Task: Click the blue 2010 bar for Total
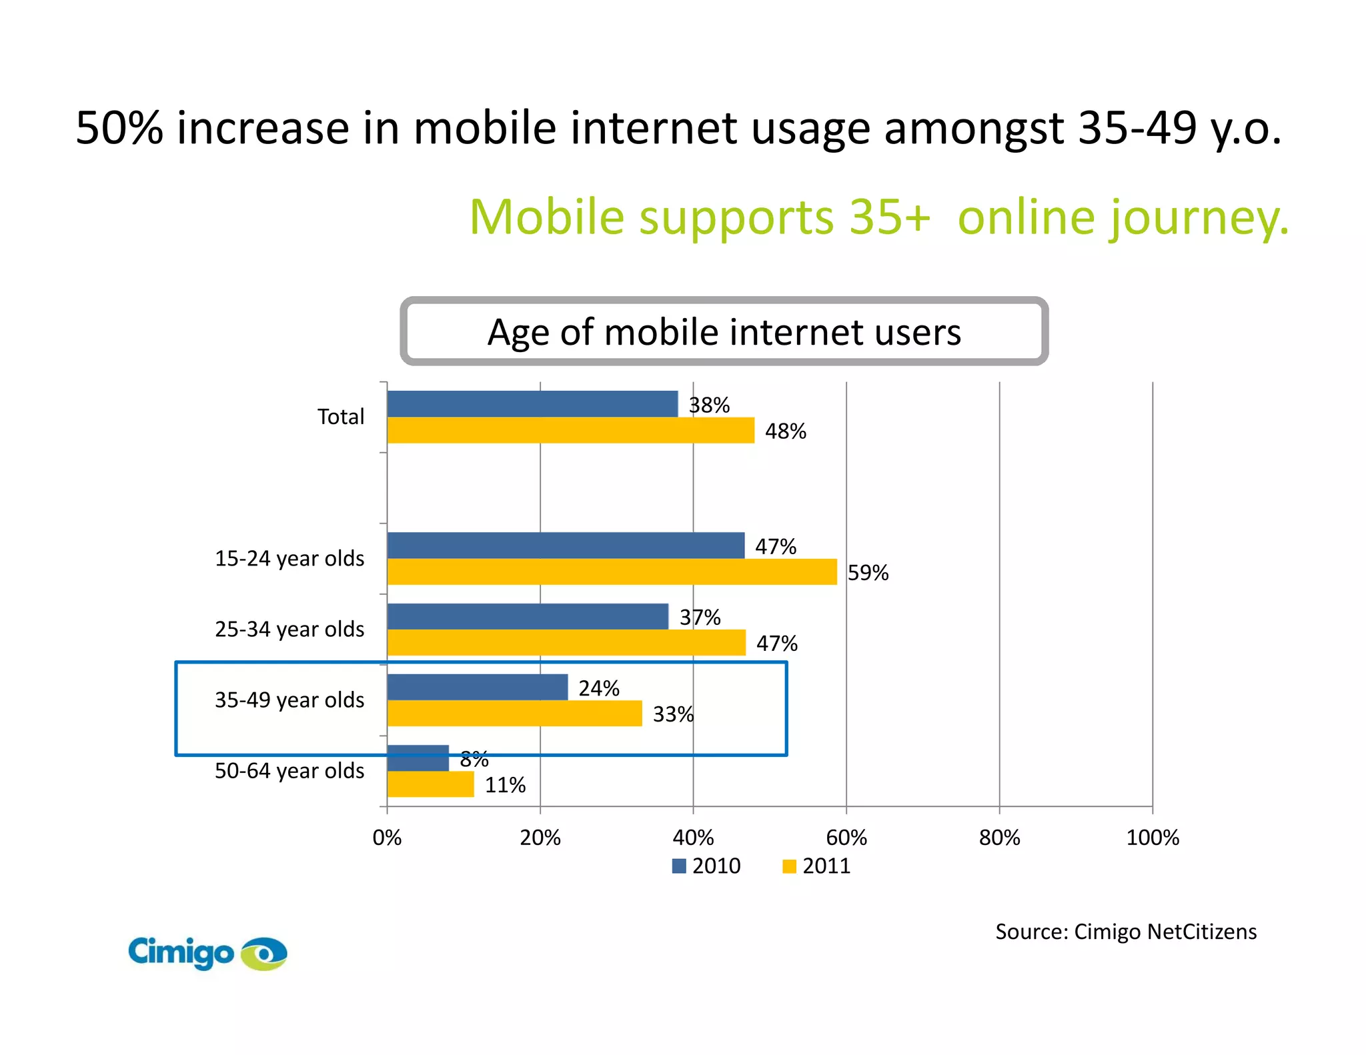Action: click(x=532, y=403)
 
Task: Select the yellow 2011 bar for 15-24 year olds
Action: click(x=612, y=572)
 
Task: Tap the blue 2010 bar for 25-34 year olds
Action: click(x=528, y=616)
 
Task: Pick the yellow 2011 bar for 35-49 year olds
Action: click(x=514, y=714)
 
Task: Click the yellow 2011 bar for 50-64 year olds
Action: click(x=430, y=784)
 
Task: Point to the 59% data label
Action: click(x=868, y=573)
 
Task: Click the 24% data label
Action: click(x=598, y=688)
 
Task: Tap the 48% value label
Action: click(x=785, y=431)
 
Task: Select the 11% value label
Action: click(x=505, y=785)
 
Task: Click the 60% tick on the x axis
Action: click(x=846, y=838)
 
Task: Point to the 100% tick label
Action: click(x=1152, y=838)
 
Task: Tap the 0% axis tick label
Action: click(x=387, y=838)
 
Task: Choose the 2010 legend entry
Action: click(x=707, y=866)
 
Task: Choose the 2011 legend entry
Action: click(x=817, y=866)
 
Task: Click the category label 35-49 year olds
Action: click(x=289, y=700)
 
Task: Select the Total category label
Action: click(x=341, y=417)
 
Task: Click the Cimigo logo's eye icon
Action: click(x=264, y=954)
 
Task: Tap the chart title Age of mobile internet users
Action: click(x=724, y=331)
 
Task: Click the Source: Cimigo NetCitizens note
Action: click(x=1125, y=932)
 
